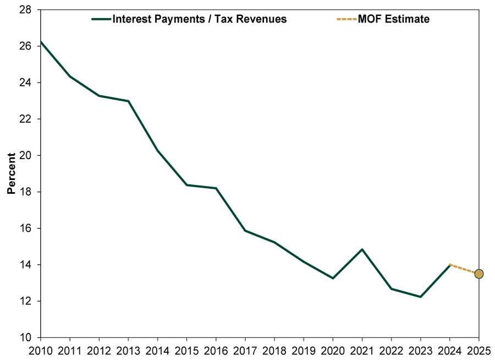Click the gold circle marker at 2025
[479, 274]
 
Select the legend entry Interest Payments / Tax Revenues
[199, 19]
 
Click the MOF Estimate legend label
[394, 19]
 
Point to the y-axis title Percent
[11, 174]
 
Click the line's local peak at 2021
[362, 249]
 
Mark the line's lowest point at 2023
[420, 297]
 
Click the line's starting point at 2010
[41, 42]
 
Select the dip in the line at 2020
[333, 278]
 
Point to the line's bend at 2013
[129, 101]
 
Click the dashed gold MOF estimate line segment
[464, 269]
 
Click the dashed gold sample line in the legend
[346, 19]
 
